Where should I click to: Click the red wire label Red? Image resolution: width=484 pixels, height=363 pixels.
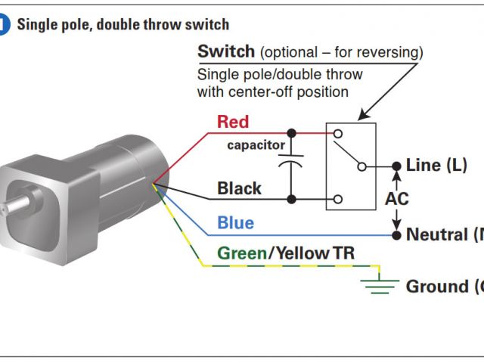tap(232, 122)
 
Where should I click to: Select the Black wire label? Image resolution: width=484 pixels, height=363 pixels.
tap(239, 188)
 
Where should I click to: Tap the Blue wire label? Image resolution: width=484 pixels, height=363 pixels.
tap(235, 223)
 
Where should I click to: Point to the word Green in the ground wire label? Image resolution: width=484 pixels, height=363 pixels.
tap(241, 253)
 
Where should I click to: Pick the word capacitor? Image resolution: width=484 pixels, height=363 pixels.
tap(256, 145)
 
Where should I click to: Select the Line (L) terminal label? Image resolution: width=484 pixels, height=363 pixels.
tap(436, 165)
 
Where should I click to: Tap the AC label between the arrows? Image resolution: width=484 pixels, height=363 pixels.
tap(397, 200)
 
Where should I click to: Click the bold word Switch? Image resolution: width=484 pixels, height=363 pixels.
tap(225, 52)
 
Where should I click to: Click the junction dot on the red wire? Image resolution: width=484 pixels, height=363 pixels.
tap(291, 133)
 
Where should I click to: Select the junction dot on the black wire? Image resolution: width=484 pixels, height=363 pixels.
tap(291, 200)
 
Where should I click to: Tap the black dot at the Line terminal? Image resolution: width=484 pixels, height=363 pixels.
tap(397, 166)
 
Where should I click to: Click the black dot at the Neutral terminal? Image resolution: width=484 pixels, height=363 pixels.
tap(397, 234)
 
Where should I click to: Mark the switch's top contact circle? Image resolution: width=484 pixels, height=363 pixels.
tap(337, 133)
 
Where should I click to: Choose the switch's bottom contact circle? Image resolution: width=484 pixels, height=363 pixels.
tap(337, 200)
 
